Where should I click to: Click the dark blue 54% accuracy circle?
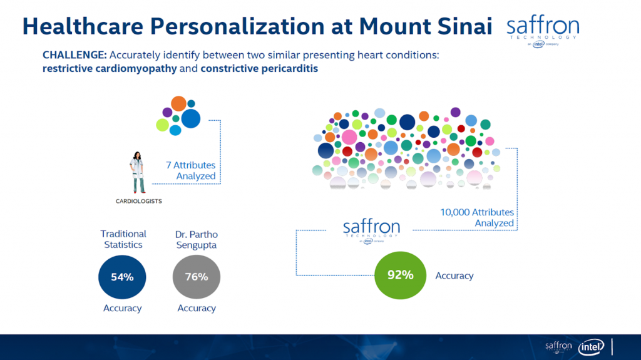(122, 277)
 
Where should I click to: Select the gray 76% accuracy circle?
(196, 277)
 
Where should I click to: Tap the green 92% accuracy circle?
(400, 275)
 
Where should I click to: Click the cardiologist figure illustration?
(137, 173)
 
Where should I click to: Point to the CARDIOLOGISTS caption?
(138, 201)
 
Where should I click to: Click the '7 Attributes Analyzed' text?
(191, 170)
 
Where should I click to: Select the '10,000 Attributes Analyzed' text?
(477, 218)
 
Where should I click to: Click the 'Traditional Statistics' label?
(123, 239)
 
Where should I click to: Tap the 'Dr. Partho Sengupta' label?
(196, 240)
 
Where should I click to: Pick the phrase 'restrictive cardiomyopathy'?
(110, 68)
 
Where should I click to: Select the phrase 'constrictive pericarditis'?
(259, 68)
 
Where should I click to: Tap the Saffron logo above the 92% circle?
(371, 231)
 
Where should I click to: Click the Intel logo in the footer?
(591, 347)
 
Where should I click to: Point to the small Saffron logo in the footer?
(558, 347)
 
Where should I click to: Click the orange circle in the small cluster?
(178, 103)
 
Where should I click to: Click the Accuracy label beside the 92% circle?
(454, 275)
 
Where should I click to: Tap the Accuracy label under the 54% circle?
(122, 308)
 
